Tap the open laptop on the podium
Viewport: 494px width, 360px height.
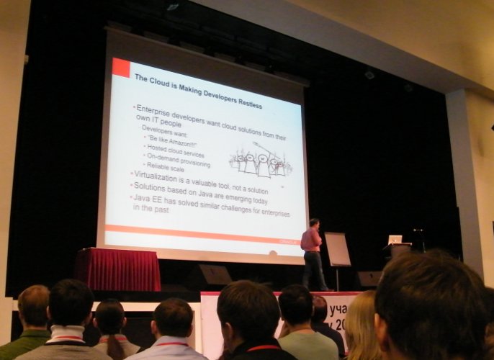(395, 239)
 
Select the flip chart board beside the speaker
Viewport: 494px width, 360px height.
(337, 249)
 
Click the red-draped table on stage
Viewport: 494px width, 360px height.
(117, 269)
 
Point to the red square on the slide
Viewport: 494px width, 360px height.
(120, 67)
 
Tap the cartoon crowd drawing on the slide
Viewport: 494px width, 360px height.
(259, 163)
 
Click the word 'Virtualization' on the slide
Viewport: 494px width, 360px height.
(161, 175)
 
